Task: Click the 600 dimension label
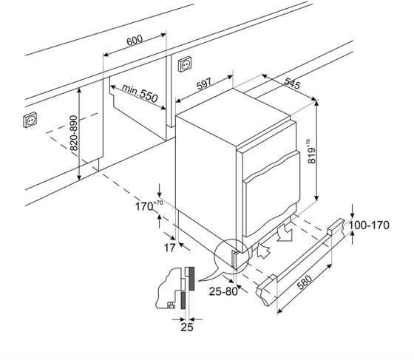click(135, 40)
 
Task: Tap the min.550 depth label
click(140, 93)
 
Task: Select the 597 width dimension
click(204, 84)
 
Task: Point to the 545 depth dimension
click(292, 84)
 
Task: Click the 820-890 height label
click(75, 133)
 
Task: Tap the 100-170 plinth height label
click(369, 225)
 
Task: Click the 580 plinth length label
click(305, 282)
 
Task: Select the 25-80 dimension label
click(223, 291)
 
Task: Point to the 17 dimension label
click(169, 248)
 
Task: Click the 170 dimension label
click(149, 206)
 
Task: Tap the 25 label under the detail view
click(187, 327)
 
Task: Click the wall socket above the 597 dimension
click(185, 64)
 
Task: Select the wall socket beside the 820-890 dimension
click(30, 120)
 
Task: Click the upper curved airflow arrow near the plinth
click(285, 233)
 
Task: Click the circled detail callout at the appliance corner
click(232, 257)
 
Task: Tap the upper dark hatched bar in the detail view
click(191, 279)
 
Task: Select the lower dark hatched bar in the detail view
click(183, 300)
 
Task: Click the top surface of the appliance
click(234, 116)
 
